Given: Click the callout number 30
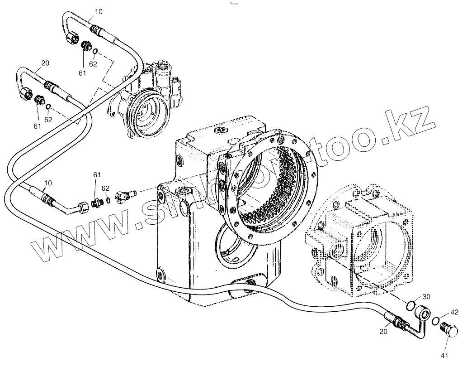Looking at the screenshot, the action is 426,297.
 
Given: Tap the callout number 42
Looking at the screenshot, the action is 454,312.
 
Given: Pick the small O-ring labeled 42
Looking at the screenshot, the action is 435,321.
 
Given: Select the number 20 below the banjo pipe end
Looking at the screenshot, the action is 383,331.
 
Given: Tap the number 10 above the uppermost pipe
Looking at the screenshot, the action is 99,12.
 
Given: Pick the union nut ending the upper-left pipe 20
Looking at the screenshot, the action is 26,93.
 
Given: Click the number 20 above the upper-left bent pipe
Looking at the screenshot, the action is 45,63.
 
